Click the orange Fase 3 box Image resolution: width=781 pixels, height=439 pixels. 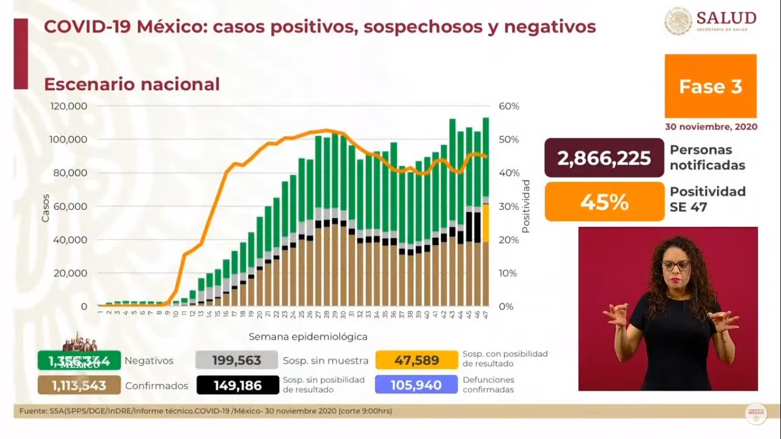pos(710,86)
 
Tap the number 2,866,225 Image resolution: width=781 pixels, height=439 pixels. pos(604,158)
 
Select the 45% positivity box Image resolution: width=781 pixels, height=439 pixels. pos(604,201)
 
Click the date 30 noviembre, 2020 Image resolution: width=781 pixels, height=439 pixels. pos(711,127)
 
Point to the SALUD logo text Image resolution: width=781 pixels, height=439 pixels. pos(726,19)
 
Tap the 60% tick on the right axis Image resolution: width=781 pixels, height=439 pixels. pos(508,106)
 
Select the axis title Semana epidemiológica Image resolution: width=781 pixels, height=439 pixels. pos(308,337)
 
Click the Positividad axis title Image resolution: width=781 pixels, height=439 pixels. pos(526,206)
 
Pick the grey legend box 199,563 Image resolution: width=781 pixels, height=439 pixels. pos(236,361)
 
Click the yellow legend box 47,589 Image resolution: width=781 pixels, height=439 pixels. pos(416,360)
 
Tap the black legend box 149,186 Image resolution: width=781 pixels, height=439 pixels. pos(236,385)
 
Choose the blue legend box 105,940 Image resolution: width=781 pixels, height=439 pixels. pos(416,385)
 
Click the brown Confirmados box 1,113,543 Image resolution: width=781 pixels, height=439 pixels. pos(79,385)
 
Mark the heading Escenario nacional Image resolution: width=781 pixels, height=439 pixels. pos(132,84)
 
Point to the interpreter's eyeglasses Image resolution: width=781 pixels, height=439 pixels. pos(675,266)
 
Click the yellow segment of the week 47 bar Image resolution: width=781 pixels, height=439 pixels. pos(485,223)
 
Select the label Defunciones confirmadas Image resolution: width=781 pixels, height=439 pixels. pos(488,385)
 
